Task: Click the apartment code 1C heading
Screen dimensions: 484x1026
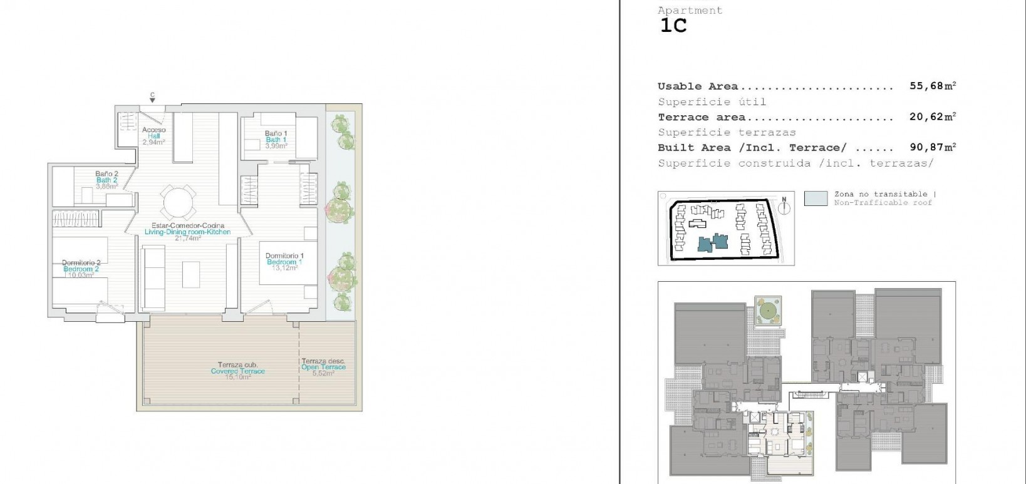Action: point(673,26)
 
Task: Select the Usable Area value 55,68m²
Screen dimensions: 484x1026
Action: point(933,86)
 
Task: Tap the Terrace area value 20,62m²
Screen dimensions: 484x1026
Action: point(933,117)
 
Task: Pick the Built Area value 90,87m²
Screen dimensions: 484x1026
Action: point(933,148)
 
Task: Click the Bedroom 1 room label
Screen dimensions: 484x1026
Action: point(284,262)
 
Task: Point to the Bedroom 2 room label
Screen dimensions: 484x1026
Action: point(81,269)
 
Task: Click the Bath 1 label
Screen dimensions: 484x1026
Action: point(276,139)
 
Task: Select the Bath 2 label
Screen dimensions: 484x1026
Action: point(106,180)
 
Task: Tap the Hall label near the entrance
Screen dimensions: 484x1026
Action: point(153,136)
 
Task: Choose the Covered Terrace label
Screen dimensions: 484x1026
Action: point(237,371)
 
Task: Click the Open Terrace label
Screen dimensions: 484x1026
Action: point(323,367)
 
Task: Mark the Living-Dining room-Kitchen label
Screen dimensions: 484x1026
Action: point(187,232)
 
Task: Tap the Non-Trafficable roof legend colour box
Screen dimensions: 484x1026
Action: point(816,198)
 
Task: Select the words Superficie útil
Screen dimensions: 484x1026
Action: point(712,102)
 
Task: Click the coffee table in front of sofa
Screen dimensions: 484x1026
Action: point(192,274)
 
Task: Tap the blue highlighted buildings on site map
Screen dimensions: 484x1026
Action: point(713,242)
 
